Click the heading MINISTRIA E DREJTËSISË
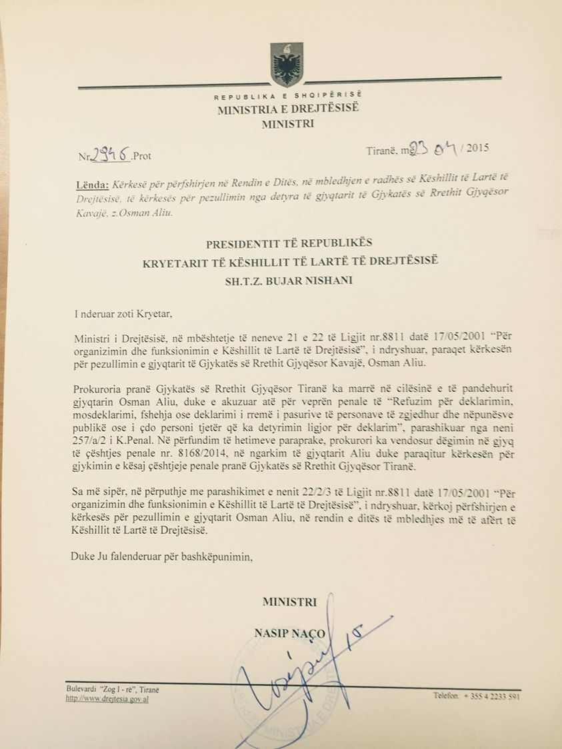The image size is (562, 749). (287, 109)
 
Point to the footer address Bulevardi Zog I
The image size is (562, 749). (113, 689)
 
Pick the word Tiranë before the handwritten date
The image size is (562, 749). (382, 151)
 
